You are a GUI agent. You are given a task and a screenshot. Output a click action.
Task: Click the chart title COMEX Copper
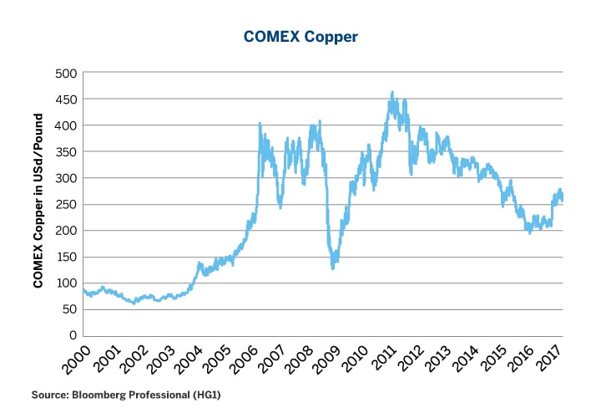(x=300, y=37)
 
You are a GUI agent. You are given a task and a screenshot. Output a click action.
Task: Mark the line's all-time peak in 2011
(x=392, y=93)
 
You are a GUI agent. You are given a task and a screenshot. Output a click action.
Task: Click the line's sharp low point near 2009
(x=333, y=268)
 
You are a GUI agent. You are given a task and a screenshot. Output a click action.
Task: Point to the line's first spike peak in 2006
(x=260, y=124)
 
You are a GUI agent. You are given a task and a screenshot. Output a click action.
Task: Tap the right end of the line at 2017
(x=563, y=197)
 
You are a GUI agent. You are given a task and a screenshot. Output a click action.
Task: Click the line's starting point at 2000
(x=83, y=290)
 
